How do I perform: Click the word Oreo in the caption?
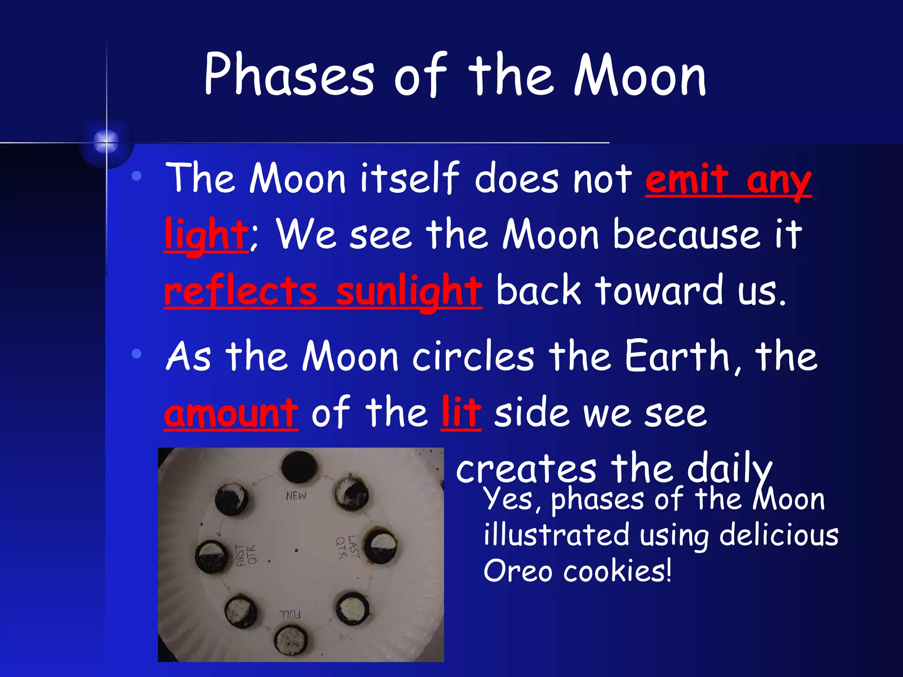[518, 571]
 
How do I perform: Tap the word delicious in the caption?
[779, 535]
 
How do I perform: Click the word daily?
[730, 469]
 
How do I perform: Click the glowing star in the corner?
[106, 142]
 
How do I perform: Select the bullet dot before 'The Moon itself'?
[137, 176]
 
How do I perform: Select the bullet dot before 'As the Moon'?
[137, 353]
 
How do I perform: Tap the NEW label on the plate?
[296, 496]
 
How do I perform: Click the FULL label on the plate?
[290, 614]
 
